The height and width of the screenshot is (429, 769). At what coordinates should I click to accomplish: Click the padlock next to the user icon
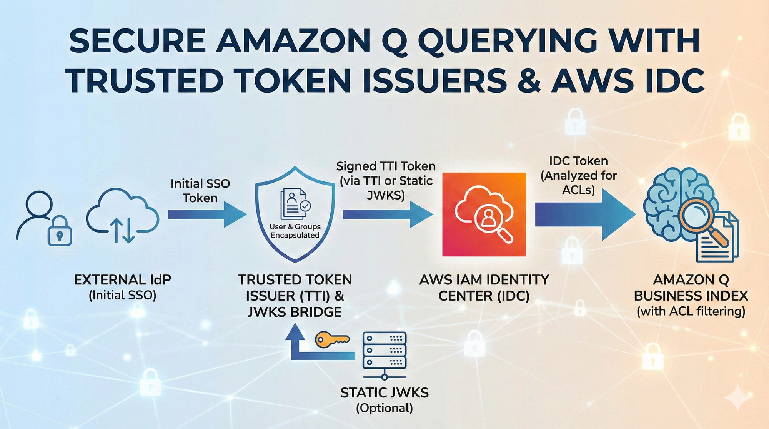60,232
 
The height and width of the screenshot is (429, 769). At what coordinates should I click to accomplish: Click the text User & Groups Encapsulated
295,231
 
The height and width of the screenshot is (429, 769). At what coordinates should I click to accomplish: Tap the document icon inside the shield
294,203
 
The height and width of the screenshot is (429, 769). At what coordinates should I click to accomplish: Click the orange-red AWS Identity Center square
484,214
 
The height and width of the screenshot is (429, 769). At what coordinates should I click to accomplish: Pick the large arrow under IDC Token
584,214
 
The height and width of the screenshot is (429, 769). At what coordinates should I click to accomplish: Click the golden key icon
331,340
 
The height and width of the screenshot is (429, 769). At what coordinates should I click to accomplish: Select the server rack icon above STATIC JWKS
384,354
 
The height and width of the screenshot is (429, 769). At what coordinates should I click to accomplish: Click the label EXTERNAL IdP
122,280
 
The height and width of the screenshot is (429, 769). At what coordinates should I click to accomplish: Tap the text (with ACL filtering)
691,311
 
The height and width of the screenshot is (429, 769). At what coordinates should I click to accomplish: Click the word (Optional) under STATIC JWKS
384,408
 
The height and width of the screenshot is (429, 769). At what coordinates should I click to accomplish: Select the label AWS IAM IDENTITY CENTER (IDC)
484,288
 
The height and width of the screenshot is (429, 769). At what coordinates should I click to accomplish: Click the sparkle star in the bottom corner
737,398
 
